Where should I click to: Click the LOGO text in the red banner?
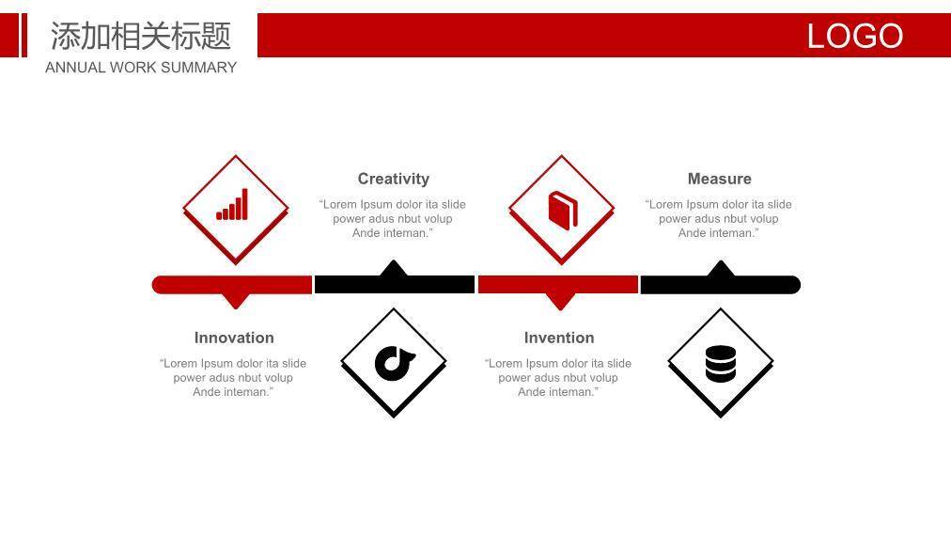point(854,36)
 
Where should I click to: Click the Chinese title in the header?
point(141,35)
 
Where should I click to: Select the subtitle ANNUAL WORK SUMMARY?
point(141,68)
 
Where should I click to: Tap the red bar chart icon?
point(232,204)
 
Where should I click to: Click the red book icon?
point(562,211)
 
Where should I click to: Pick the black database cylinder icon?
point(721,363)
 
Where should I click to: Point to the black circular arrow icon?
point(395,363)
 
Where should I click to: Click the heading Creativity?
point(394,179)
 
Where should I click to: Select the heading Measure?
point(719,179)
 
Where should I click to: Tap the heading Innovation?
point(234,338)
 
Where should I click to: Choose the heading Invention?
point(559,338)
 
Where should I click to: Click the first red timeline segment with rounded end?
point(232,285)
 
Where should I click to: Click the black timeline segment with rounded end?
point(721,285)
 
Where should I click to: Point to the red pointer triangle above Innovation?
point(236,300)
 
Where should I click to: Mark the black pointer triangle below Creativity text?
point(394,268)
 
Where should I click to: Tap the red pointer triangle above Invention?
point(560,301)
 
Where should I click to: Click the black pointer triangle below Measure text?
point(721,268)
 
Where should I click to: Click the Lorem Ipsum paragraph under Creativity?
point(393,219)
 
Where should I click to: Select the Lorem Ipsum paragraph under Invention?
point(558,378)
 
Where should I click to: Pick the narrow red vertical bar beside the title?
point(24,35)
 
